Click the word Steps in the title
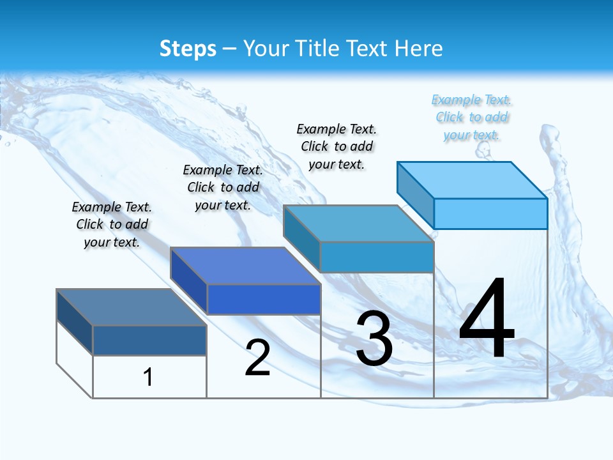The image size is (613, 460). tap(188, 49)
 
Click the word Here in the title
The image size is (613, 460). tap(419, 49)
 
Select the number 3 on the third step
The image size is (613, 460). tap(374, 339)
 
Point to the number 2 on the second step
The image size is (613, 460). tap(258, 358)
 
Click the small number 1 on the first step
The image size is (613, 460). tap(148, 377)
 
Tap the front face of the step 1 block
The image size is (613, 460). tap(149, 341)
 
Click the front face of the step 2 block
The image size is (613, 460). tap(264, 299)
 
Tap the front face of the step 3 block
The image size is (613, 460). tap(377, 257)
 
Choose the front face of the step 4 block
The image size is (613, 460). tap(490, 213)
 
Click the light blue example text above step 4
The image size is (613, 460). tap(472, 118)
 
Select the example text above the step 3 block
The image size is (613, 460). tap(337, 146)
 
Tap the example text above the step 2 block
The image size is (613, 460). tap(223, 187)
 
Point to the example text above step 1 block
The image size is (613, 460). tap(112, 224)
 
